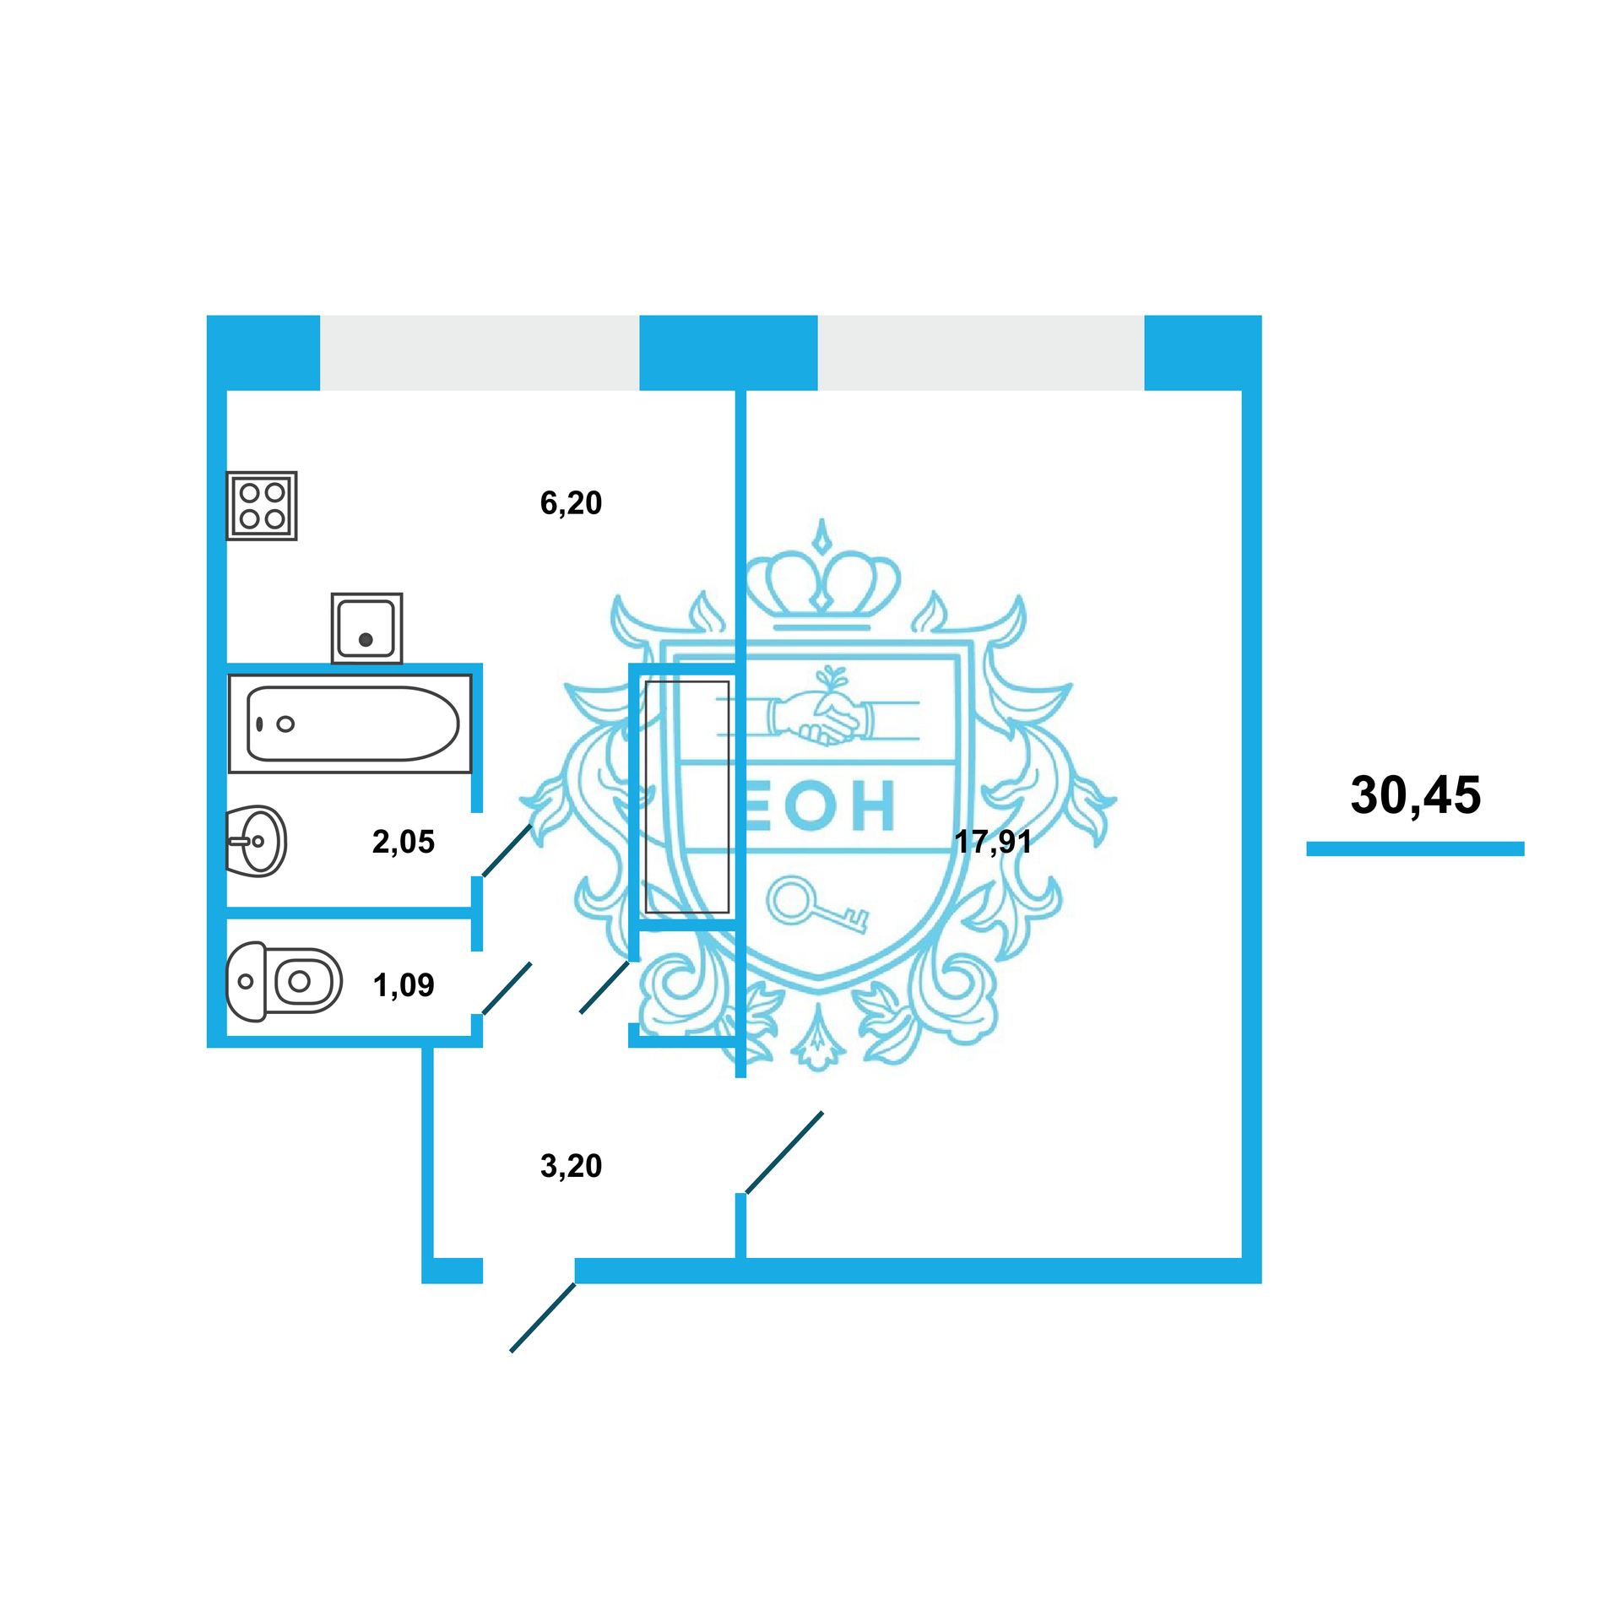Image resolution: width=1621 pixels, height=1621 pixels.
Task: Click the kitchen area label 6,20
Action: click(x=571, y=503)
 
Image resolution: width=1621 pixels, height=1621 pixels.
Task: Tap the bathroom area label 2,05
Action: click(x=403, y=842)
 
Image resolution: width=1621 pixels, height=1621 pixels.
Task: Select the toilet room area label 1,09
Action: click(x=404, y=985)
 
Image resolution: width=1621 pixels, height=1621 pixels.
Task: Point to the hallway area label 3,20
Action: click(x=571, y=1166)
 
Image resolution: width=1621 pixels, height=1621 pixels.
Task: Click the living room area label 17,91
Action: click(x=993, y=842)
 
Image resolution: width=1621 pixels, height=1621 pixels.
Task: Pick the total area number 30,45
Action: click(x=1415, y=795)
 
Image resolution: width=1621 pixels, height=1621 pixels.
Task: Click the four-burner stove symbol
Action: click(x=262, y=506)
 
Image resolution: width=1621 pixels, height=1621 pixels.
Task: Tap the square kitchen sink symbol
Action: click(x=366, y=628)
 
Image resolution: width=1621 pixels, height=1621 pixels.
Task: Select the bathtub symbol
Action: click(x=350, y=724)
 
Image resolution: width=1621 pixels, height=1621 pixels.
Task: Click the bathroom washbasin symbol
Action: click(x=258, y=841)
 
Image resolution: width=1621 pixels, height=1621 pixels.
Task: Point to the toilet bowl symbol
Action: click(x=285, y=981)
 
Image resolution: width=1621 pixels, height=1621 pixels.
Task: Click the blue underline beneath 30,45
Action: click(x=1415, y=848)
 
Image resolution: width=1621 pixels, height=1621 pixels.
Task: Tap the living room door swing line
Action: click(x=784, y=1153)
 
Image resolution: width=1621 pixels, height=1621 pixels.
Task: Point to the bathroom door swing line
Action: click(x=507, y=850)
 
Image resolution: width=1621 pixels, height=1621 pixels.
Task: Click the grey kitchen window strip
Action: click(x=479, y=353)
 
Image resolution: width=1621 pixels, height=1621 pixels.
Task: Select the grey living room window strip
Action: click(x=980, y=353)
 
